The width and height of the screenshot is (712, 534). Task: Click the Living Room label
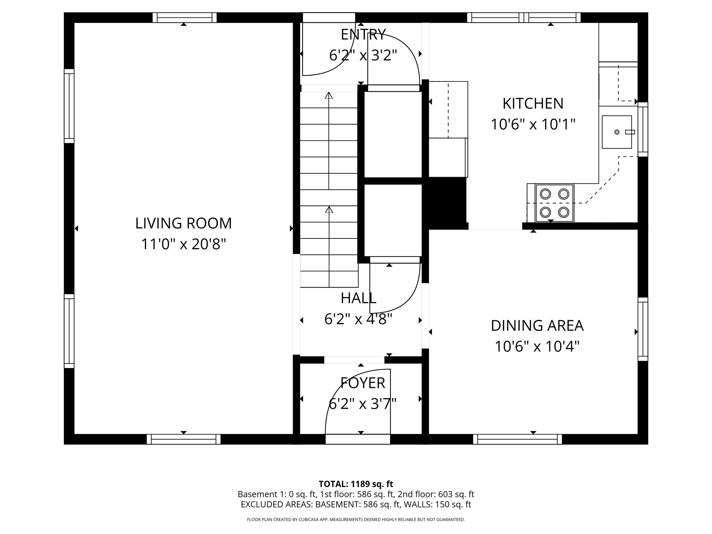[x=184, y=223]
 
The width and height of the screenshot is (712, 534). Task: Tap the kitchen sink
[x=617, y=132]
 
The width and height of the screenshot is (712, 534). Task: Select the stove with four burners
[x=554, y=203]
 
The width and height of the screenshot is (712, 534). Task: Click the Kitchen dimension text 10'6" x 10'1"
[x=533, y=124]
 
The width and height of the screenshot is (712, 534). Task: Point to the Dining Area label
[x=537, y=326]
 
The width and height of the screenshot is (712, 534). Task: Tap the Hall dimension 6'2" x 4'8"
[x=358, y=319]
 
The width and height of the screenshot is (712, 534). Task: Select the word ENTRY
[x=363, y=35]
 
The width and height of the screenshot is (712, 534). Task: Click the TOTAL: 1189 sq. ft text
[x=356, y=484]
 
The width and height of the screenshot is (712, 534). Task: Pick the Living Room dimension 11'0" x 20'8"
[x=184, y=244]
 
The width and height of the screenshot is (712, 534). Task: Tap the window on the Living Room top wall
[x=184, y=17]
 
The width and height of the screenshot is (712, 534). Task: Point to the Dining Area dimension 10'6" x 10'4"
[x=537, y=347]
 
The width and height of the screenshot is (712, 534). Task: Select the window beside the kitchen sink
[x=643, y=129]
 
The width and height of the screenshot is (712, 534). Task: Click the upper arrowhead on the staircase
[x=329, y=95]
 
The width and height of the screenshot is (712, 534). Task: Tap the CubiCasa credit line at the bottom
[x=356, y=520]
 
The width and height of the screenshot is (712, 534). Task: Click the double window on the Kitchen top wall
[x=524, y=17]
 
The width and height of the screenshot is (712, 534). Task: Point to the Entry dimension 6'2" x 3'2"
[x=363, y=55]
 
